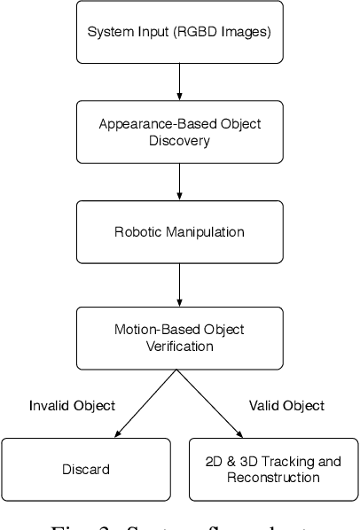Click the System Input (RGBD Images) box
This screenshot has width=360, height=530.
(x=179, y=34)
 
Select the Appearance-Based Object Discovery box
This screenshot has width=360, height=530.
(x=179, y=131)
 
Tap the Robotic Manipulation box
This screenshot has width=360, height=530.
(x=179, y=234)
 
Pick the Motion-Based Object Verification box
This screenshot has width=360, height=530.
(x=179, y=337)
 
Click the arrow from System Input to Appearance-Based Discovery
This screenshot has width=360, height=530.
(x=179, y=82)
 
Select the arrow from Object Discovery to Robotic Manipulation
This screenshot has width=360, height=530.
(x=179, y=183)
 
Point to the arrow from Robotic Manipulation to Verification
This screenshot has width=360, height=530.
(x=179, y=285)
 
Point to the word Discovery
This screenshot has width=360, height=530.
(x=179, y=140)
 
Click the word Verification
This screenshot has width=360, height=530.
(x=179, y=346)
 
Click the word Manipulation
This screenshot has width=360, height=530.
(x=201, y=234)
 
